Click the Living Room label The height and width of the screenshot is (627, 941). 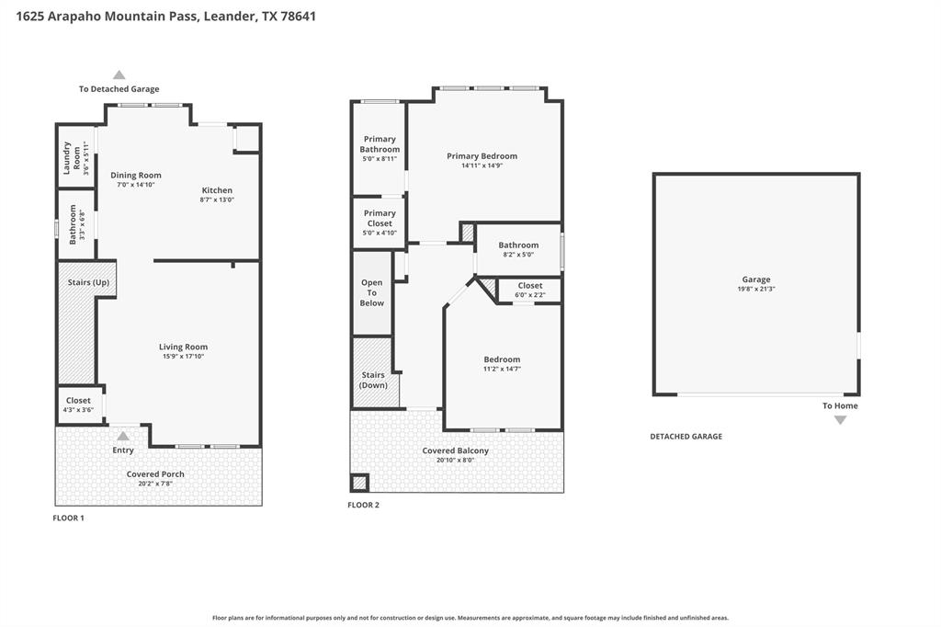tap(183, 347)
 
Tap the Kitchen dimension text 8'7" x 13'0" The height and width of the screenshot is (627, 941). tap(217, 200)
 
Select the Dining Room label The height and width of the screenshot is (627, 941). tap(136, 176)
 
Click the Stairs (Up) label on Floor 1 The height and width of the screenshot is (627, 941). tap(88, 282)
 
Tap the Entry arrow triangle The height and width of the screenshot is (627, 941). tap(123, 436)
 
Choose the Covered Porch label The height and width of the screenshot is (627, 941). tap(155, 473)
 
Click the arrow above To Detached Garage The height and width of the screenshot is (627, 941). tap(119, 75)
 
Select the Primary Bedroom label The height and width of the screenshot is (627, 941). tap(482, 156)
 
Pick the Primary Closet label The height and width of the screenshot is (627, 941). tap(380, 218)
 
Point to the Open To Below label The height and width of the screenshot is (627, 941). tap(372, 292)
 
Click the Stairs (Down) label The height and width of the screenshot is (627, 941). tap(373, 381)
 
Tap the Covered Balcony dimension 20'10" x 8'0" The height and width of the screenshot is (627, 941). tap(456, 461)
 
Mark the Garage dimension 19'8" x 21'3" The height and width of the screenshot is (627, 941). tap(756, 289)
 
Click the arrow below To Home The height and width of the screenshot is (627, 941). tap(840, 420)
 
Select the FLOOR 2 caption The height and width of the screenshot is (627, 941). tap(364, 505)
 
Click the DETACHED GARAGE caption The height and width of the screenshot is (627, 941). tap(686, 437)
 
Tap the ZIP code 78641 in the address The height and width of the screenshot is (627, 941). tap(299, 17)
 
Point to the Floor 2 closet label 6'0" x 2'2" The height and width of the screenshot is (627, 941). tap(530, 295)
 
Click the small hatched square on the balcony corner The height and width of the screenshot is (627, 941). tap(359, 483)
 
